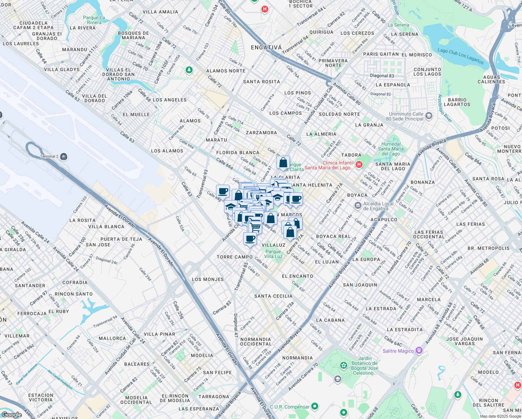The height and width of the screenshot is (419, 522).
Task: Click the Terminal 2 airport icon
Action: point(64,156)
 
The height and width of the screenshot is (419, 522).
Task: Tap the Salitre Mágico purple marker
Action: point(419,351)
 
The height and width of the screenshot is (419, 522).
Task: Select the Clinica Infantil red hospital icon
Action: point(359,164)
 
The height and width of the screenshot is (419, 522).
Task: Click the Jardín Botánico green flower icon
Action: point(344,365)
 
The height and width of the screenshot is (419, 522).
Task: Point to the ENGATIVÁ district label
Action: point(266,47)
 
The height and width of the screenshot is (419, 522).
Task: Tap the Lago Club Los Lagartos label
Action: point(461,56)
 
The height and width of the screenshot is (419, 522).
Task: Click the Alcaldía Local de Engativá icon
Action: point(358,206)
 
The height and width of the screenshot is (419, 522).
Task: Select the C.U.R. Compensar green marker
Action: point(315,406)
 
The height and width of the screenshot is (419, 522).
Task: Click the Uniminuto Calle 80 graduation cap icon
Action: point(429,116)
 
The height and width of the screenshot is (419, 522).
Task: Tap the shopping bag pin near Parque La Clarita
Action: point(283,163)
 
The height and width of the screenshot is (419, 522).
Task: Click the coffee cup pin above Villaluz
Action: point(250,239)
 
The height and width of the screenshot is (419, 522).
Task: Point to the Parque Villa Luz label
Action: point(273,254)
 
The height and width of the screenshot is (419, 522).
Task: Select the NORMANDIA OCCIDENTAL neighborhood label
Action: point(256,341)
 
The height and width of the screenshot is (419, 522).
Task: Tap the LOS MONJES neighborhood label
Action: point(208,279)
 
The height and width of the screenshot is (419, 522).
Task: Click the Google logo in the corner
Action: point(12,415)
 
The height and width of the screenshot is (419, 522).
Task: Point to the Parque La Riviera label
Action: point(94,20)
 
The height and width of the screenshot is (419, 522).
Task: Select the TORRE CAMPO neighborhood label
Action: point(235,257)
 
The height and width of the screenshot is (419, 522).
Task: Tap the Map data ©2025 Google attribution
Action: point(500,416)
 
